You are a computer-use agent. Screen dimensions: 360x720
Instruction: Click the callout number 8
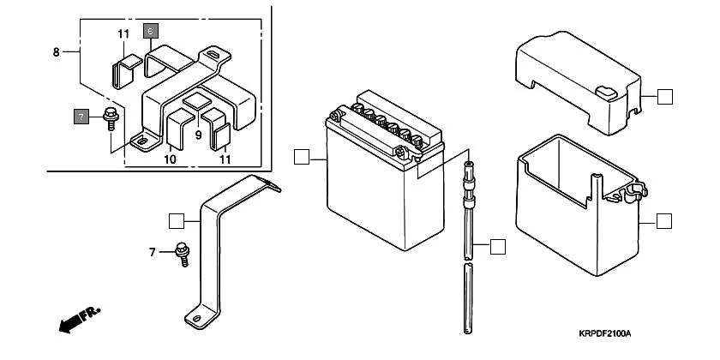[x=57, y=52]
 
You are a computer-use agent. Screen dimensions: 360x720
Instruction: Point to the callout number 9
[x=197, y=135]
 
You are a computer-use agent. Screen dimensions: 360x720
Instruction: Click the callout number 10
[x=170, y=159]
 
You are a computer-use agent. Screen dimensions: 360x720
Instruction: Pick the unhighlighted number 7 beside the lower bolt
[x=152, y=252]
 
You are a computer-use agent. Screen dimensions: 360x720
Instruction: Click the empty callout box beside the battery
[x=300, y=157]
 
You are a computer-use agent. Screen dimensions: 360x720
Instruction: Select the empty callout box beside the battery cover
[x=664, y=96]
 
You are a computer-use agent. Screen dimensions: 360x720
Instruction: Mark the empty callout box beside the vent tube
[x=498, y=247]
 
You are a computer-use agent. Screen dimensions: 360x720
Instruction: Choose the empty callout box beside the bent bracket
[x=177, y=221]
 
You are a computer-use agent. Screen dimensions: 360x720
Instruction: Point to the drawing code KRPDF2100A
[x=603, y=333]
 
